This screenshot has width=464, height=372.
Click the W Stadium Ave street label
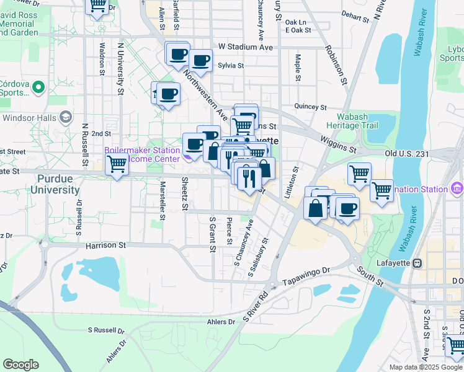coord(246,46)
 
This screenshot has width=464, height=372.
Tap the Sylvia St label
coord(230,65)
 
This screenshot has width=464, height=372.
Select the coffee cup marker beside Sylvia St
coord(200,61)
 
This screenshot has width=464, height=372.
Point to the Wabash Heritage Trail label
coord(365,121)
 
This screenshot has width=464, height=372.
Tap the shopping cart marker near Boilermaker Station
coord(117,165)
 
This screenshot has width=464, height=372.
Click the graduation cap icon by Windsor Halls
coord(65,118)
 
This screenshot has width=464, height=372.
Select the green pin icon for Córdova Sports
coord(38,88)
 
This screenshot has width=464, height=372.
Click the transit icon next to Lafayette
coord(417,262)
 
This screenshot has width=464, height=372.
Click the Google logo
coord(20,365)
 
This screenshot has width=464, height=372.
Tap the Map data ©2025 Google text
coord(426,367)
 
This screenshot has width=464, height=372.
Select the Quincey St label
coord(310,107)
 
